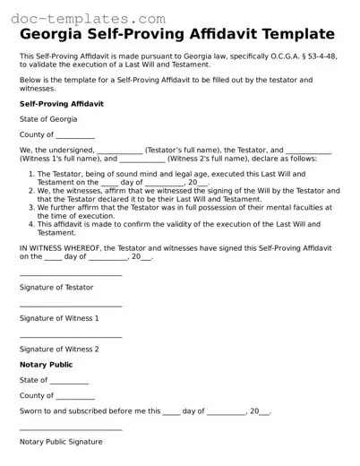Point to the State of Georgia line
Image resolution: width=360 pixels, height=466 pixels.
pyautogui.click(x=48, y=119)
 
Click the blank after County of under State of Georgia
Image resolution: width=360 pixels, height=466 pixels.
pyautogui.click(x=74, y=135)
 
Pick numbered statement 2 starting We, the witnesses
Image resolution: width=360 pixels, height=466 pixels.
pyautogui.click(x=184, y=194)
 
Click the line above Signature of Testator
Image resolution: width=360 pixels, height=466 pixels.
pyautogui.click(x=71, y=275)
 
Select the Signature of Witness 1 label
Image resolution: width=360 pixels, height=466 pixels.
pyautogui.click(x=59, y=318)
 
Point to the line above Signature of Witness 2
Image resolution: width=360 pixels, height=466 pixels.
pyautogui.click(x=71, y=337)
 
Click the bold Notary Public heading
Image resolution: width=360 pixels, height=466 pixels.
pyautogui.click(x=47, y=365)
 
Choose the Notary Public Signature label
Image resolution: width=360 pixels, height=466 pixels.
pyautogui.click(x=61, y=442)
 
